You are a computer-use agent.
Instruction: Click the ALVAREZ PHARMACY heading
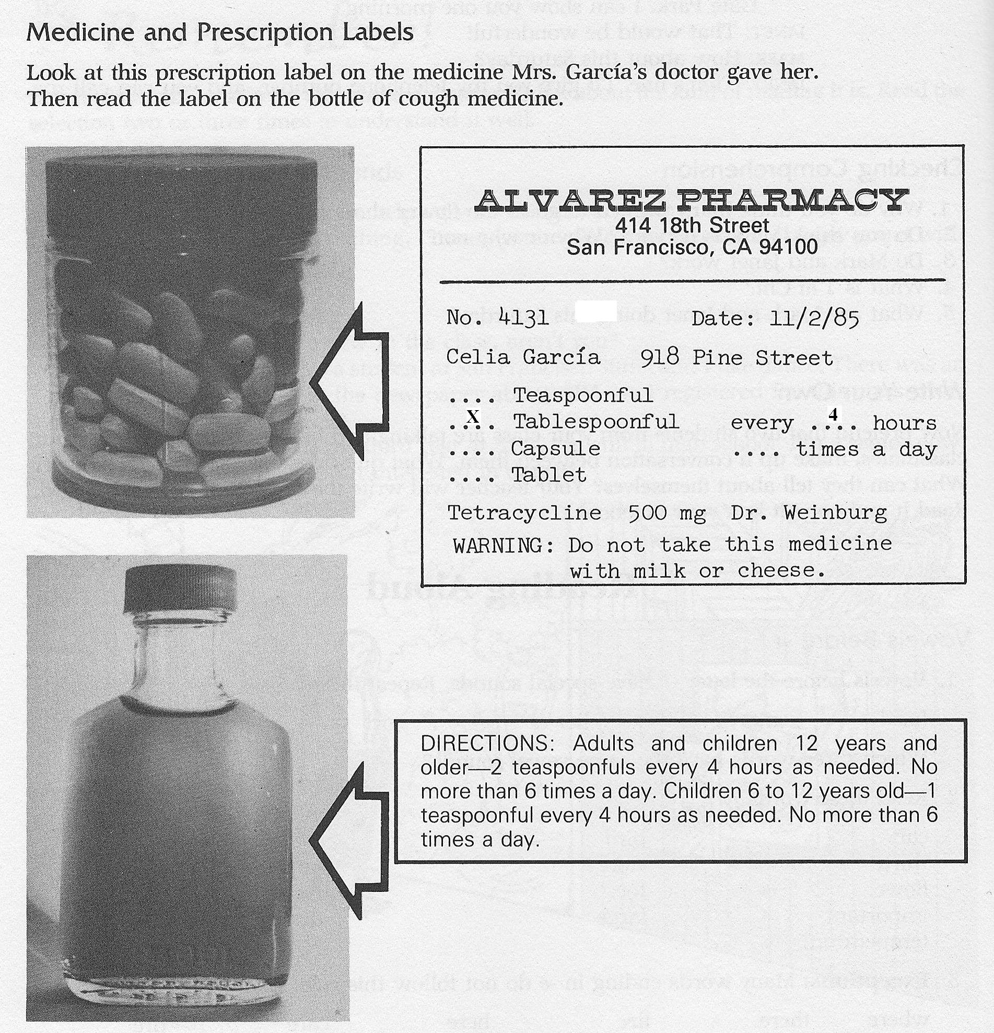(691, 200)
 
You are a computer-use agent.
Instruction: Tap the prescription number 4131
(523, 317)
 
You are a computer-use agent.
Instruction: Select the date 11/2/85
(814, 318)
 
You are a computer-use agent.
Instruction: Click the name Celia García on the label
(522, 357)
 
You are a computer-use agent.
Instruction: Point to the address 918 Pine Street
(736, 358)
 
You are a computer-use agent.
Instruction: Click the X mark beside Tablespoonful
(473, 417)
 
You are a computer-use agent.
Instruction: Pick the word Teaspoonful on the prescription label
(582, 394)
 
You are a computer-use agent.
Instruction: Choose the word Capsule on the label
(555, 448)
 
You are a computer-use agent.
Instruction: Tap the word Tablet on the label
(549, 475)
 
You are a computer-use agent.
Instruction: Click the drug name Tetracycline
(524, 512)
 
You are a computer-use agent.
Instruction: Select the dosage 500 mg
(667, 513)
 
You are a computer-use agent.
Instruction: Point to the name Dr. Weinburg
(809, 512)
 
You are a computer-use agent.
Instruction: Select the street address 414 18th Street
(692, 226)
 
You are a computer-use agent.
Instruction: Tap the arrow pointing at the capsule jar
(350, 382)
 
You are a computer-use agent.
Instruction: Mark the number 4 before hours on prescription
(833, 414)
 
